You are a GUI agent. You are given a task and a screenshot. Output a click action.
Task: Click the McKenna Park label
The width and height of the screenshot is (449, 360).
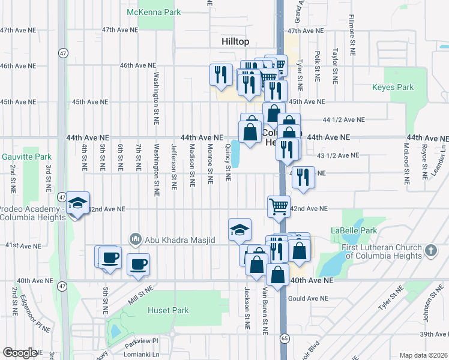pyautogui.click(x=153, y=12)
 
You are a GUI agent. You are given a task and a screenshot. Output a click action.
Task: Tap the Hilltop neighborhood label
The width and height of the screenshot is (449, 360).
pyautogui.click(x=232, y=41)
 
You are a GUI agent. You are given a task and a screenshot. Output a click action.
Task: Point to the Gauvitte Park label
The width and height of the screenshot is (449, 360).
pyautogui.click(x=26, y=157)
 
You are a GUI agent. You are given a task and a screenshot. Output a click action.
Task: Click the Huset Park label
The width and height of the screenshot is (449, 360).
pyautogui.click(x=168, y=310)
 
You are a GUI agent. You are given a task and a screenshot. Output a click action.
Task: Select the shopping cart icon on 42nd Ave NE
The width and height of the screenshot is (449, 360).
pyautogui.click(x=279, y=206)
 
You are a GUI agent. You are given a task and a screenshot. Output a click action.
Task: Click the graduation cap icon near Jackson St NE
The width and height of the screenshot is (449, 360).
pyautogui.click(x=240, y=229)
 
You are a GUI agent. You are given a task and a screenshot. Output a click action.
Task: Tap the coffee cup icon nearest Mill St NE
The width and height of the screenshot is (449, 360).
pyautogui.click(x=138, y=264)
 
